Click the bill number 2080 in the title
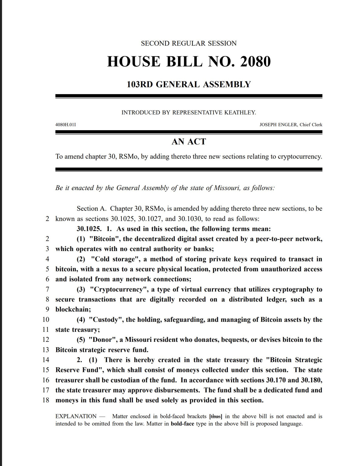click(x=255, y=62)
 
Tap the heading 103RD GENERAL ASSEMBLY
click(x=189, y=84)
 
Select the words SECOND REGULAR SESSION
click(x=189, y=43)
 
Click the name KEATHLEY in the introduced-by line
click(x=240, y=113)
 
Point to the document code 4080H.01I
click(x=66, y=125)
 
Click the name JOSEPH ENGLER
click(x=278, y=125)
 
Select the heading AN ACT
click(x=189, y=141)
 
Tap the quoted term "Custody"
click(x=106, y=320)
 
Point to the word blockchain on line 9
click(x=73, y=310)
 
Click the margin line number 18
click(x=45, y=400)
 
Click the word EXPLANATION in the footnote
click(x=76, y=417)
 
